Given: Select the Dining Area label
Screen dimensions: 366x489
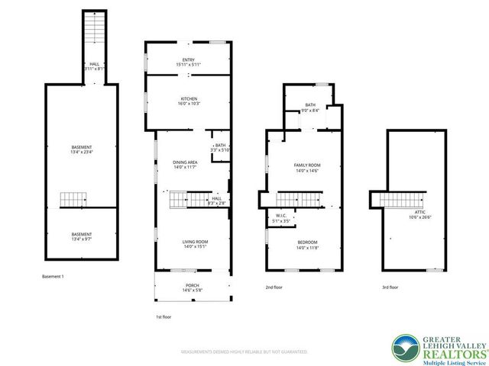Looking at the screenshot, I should pyautogui.click(x=185, y=164).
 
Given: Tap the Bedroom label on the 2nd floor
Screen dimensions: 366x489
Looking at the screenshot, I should pyautogui.click(x=307, y=245).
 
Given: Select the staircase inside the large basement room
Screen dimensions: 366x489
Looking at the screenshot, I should pyautogui.click(x=75, y=200).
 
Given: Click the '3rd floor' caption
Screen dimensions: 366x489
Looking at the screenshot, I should pyautogui.click(x=390, y=287).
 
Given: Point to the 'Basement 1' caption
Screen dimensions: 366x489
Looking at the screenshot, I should pyautogui.click(x=53, y=276).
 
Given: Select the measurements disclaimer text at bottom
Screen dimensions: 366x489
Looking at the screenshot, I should pyautogui.click(x=244, y=352).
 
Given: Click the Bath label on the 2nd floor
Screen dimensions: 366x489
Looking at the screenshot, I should pyautogui.click(x=309, y=108).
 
